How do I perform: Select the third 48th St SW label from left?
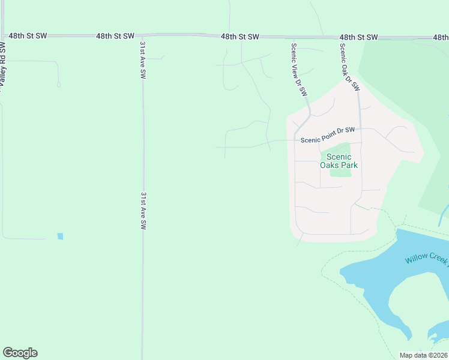240,37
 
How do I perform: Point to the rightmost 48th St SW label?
358,37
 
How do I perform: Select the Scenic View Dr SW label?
299,70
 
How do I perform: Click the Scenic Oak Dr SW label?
349,67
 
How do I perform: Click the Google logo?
20,353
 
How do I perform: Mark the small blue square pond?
60,236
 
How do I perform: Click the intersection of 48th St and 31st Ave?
143,36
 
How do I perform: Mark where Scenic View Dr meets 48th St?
291,37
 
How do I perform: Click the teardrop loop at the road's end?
58,84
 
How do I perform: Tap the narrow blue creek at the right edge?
444,213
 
